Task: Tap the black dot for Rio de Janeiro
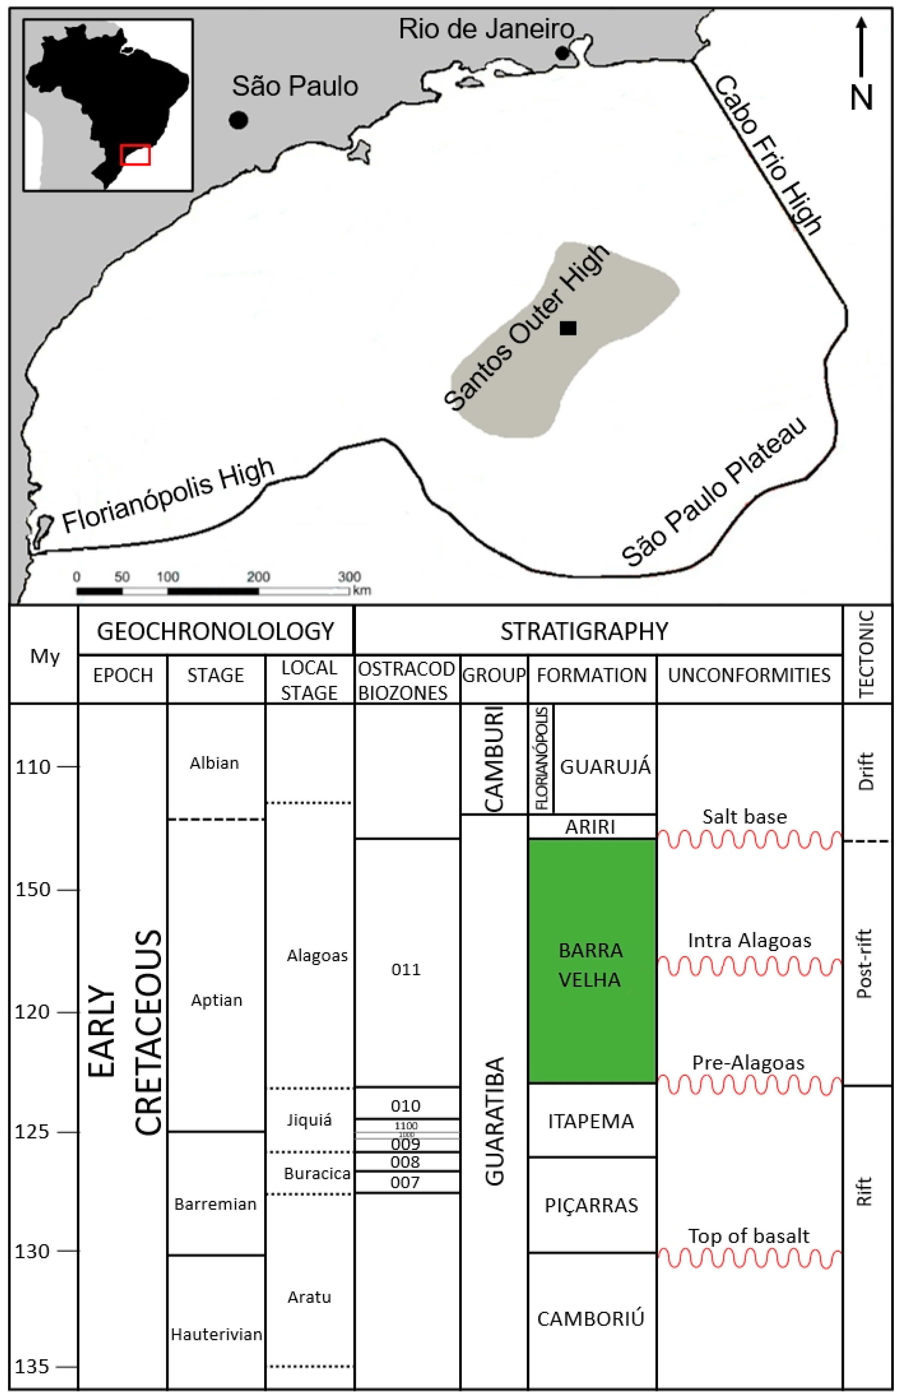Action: [x=562, y=53]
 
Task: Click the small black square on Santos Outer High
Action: [x=568, y=328]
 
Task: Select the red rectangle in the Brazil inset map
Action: [x=135, y=155]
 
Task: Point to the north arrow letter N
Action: [x=861, y=98]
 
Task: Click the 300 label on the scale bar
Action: [x=349, y=576]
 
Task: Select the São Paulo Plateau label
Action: [x=714, y=491]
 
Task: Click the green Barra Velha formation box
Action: [x=591, y=961]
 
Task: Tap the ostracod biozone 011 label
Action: [x=406, y=969]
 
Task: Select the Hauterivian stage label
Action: [x=216, y=1335]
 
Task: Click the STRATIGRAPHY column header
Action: [x=584, y=631]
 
